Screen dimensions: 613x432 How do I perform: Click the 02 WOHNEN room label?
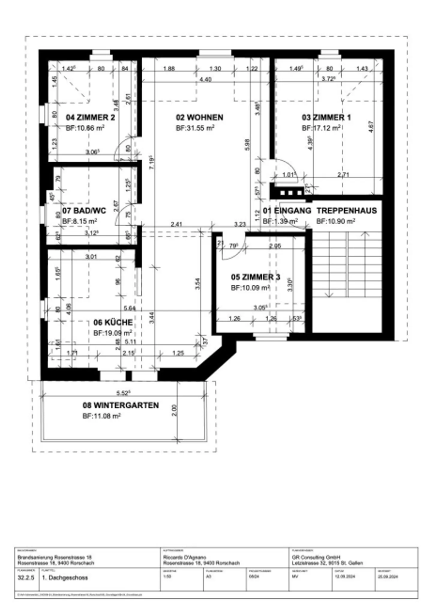[x=199, y=117]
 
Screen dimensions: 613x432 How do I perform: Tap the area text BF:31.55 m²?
[x=195, y=128]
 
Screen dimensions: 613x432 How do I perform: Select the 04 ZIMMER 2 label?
[x=90, y=117]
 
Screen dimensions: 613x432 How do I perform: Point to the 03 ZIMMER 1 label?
[x=326, y=117]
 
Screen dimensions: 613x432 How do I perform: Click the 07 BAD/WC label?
[x=84, y=211]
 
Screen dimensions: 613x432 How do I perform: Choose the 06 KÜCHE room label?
[x=113, y=323]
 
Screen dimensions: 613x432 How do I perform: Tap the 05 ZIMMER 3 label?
[x=255, y=277]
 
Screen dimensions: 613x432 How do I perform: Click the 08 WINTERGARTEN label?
[x=121, y=405]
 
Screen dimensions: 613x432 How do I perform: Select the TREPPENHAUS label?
[x=346, y=211]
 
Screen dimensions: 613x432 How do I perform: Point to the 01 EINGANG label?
[x=287, y=211]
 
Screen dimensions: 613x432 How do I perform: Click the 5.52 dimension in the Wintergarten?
[x=123, y=393]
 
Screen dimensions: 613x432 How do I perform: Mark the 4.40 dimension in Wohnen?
[x=205, y=80]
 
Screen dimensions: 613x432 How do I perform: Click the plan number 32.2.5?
[x=26, y=578]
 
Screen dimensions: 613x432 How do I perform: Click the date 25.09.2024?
[x=388, y=577]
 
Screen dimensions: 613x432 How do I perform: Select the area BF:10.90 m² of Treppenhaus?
[x=336, y=221]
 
